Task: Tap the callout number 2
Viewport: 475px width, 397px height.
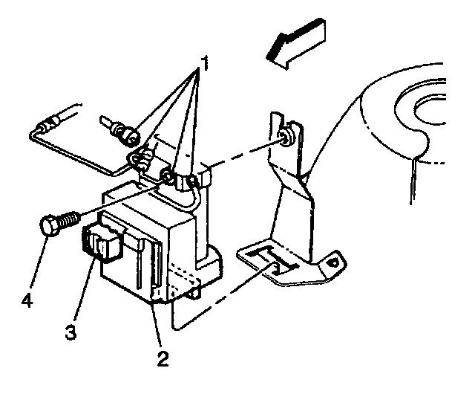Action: coord(162,360)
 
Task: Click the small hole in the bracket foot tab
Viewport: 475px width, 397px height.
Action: coord(335,261)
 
